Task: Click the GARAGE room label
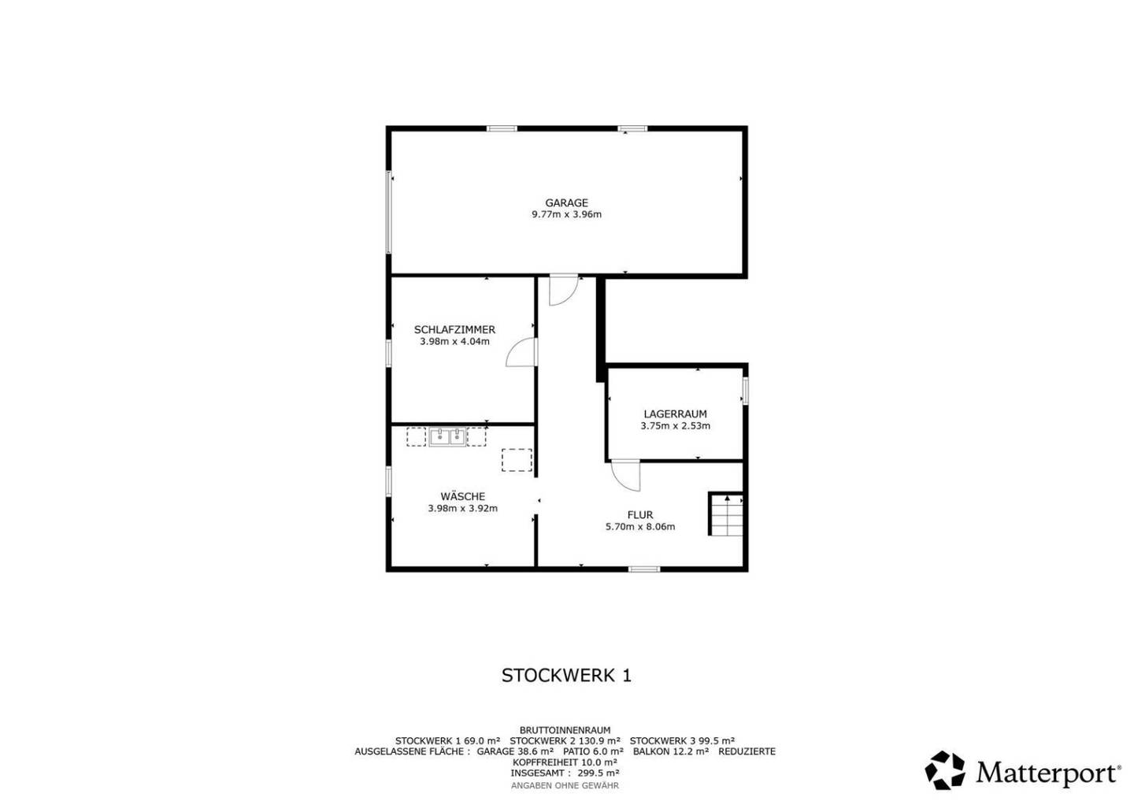click(x=566, y=202)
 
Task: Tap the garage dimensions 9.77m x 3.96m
click(x=566, y=214)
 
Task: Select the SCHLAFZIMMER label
click(x=454, y=329)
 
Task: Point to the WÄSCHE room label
click(x=463, y=496)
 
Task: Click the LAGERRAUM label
click(x=676, y=414)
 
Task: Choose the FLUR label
click(x=640, y=515)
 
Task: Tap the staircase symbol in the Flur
click(x=726, y=514)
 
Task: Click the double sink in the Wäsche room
click(x=447, y=436)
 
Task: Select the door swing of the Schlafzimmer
click(x=521, y=352)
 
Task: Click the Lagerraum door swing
click(x=626, y=476)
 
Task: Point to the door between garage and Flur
click(x=564, y=290)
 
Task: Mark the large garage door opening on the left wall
click(x=389, y=212)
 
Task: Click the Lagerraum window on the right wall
click(x=745, y=391)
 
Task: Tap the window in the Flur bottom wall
click(x=644, y=569)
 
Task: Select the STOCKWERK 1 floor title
click(x=566, y=675)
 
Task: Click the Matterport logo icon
click(x=945, y=770)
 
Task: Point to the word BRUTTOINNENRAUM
click(x=565, y=730)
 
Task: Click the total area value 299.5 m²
click(x=598, y=773)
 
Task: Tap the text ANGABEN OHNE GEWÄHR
click(x=565, y=786)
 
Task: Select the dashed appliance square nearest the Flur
click(x=517, y=460)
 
